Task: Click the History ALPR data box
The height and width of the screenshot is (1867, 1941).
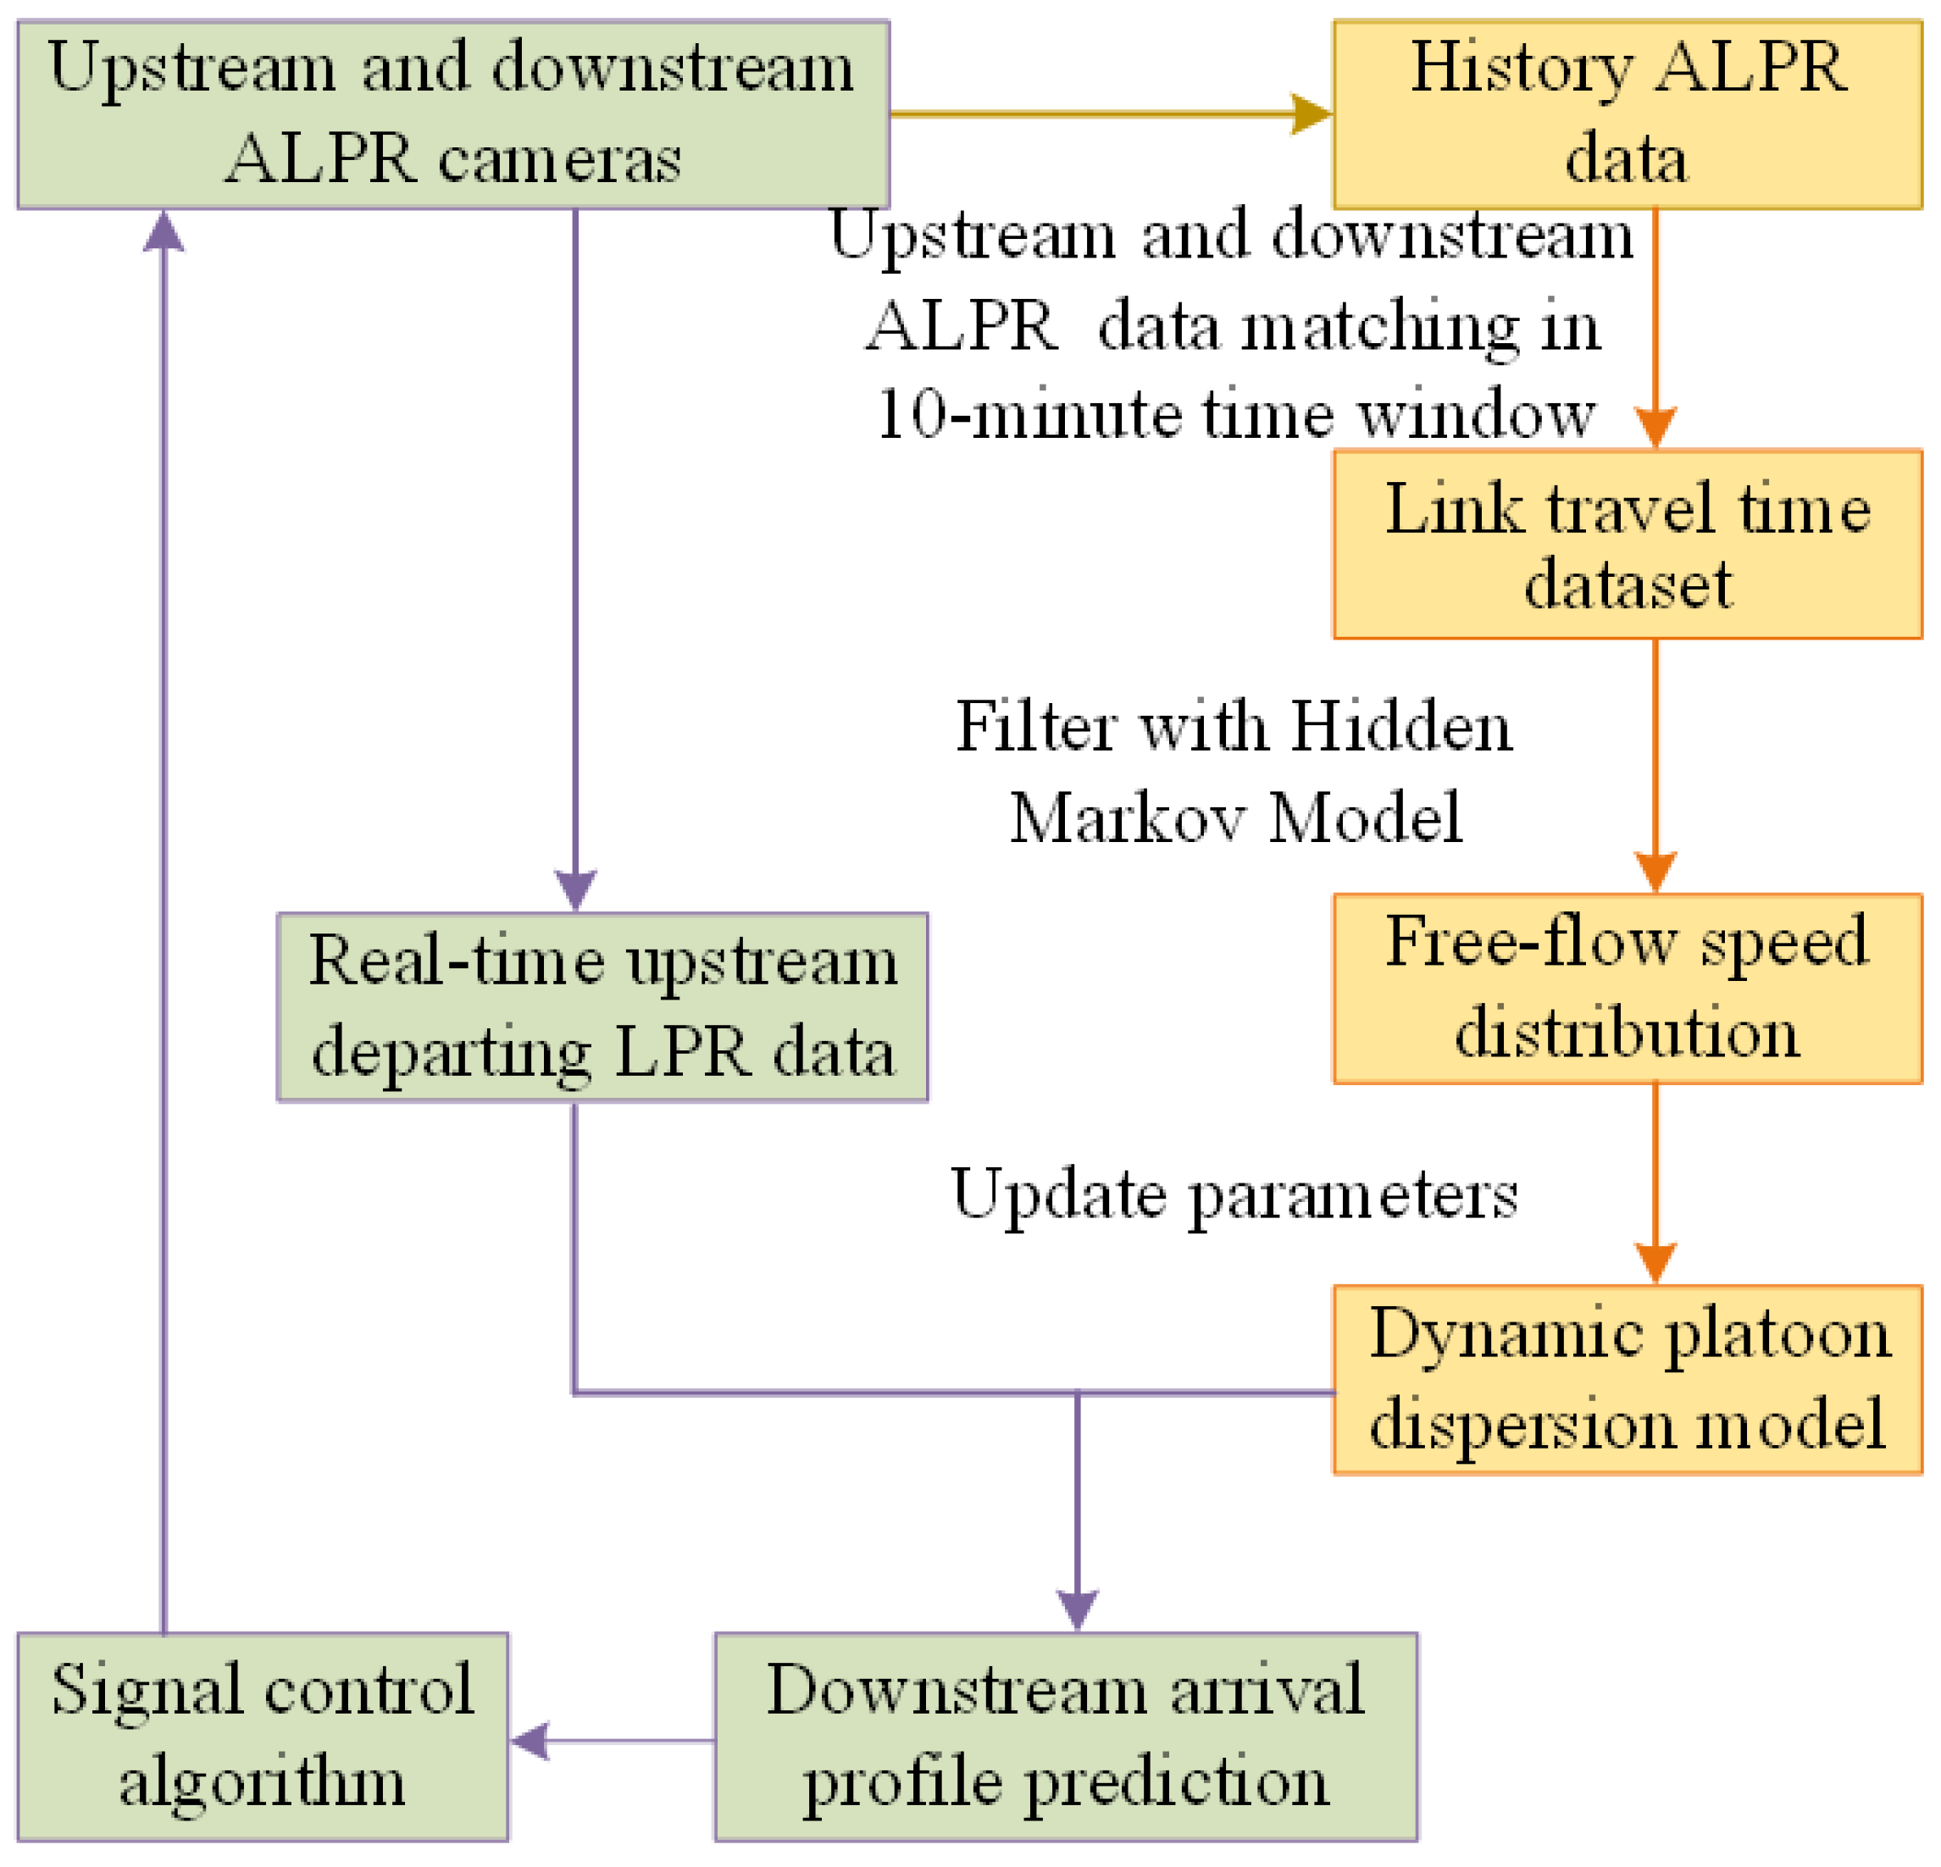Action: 1626,115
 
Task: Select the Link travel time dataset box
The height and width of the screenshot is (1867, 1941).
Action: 1626,545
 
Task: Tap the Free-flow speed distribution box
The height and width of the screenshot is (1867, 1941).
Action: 1626,988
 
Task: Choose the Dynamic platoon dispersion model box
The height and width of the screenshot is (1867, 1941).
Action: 1626,1379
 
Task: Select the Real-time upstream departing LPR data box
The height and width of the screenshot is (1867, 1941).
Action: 602,1006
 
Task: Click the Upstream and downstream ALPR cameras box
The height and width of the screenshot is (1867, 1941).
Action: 452,115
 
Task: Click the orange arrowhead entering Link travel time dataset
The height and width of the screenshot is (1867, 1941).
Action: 1655,428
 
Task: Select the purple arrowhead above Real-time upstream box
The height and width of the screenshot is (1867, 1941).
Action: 574,889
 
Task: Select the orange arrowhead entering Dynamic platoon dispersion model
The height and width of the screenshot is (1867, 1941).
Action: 1655,1263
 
